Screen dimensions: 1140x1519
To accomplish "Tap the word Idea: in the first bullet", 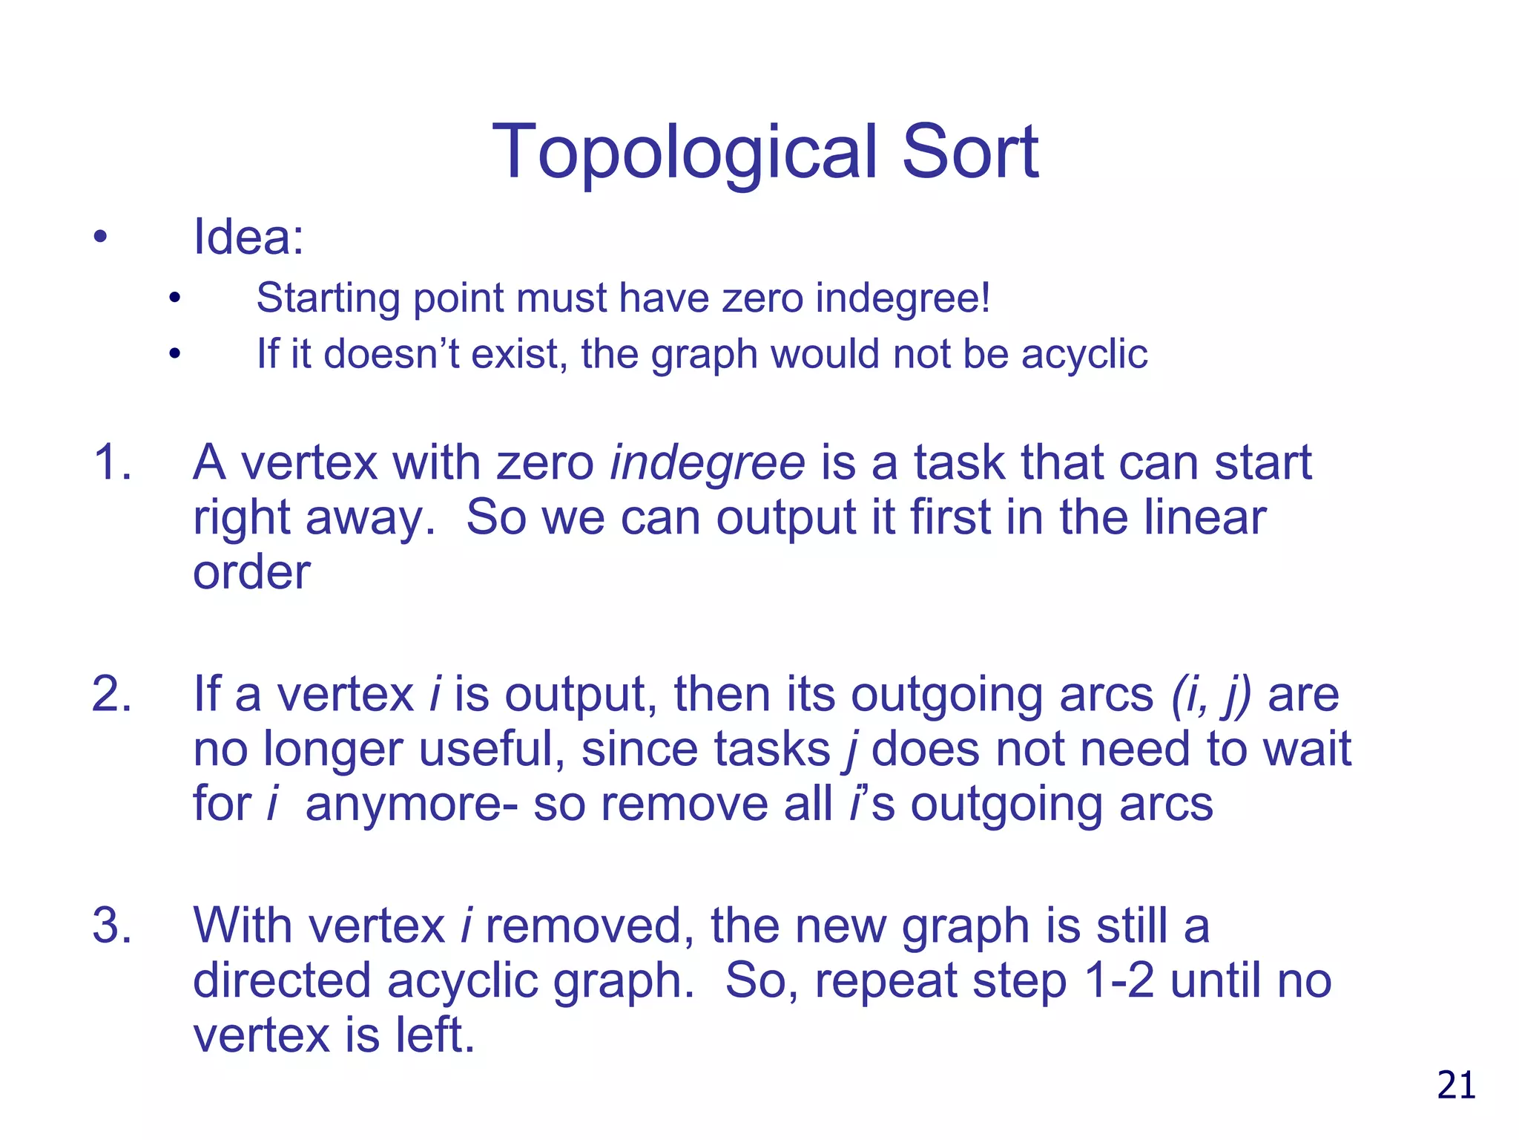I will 248,237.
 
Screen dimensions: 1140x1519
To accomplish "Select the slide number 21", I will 1456,1085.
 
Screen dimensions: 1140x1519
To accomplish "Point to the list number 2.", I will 111,695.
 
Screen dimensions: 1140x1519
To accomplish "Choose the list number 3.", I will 111,926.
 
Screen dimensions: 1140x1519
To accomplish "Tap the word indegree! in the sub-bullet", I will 903,298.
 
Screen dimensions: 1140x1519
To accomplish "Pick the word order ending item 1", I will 251,573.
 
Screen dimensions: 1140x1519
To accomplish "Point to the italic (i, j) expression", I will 1211,695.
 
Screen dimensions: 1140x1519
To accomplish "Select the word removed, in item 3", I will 590,926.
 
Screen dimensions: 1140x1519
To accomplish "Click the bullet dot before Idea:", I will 100,238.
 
